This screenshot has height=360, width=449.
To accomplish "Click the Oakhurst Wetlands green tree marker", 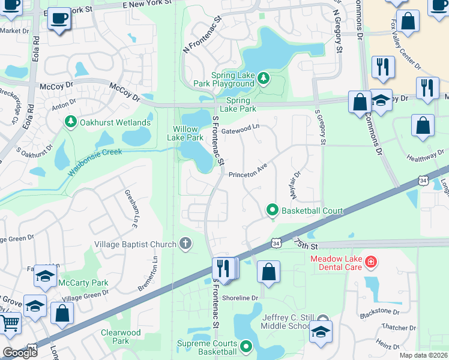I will click(71, 122).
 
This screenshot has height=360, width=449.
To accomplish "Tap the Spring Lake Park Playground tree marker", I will click(263, 78).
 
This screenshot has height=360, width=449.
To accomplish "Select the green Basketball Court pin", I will click(272, 210).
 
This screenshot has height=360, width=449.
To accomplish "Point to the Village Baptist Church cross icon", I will click(186, 244).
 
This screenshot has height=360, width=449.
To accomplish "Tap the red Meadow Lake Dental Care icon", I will click(372, 262).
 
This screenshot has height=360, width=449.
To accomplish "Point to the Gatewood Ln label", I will click(240, 128).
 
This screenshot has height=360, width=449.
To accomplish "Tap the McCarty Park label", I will click(83, 282).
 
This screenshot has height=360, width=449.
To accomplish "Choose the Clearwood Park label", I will click(121, 337).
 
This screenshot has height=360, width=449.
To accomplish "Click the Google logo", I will click(20, 353).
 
